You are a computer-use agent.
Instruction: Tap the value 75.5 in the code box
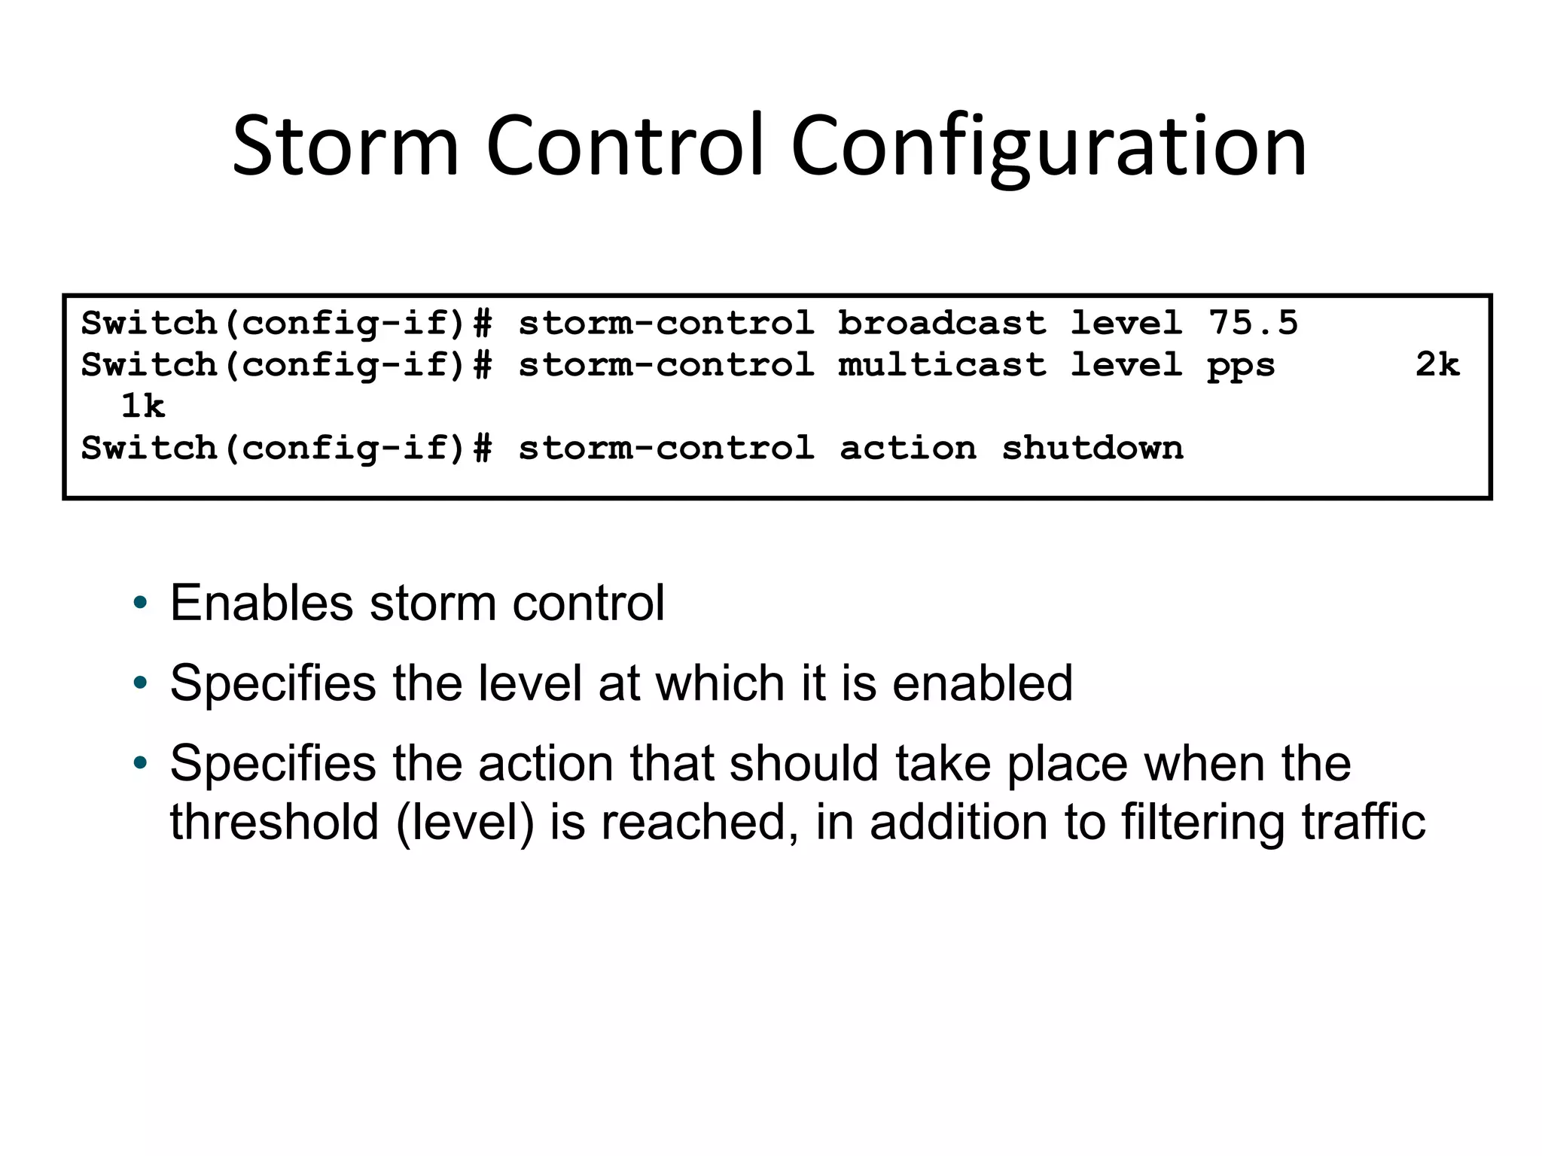point(1254,323)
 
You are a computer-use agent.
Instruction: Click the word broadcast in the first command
point(942,323)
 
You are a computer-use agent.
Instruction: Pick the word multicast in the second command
point(942,365)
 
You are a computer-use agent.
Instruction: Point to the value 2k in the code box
point(1437,365)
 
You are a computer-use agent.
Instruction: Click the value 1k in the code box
point(142,406)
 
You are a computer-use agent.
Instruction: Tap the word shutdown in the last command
point(1093,449)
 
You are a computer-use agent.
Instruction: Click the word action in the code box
point(908,449)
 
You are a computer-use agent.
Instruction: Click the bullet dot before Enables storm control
point(140,604)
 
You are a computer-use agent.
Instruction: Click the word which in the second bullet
point(720,683)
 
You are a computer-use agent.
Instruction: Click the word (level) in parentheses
point(465,823)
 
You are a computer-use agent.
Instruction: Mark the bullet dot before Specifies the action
point(140,764)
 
